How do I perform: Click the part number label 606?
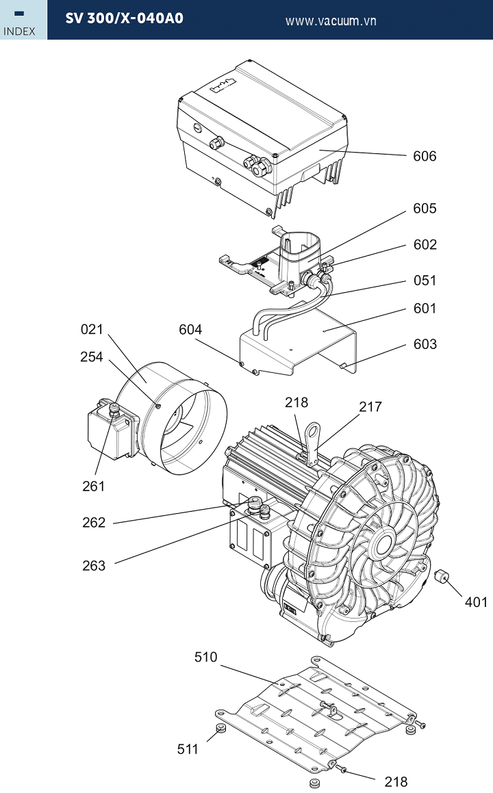point(424,156)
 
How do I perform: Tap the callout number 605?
point(424,209)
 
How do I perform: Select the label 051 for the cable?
point(425,280)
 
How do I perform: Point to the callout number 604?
point(190,329)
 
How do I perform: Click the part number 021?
point(92,329)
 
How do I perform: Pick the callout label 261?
point(94,486)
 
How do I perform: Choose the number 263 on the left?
point(94,565)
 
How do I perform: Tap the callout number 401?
point(477,602)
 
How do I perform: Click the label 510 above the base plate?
point(205,657)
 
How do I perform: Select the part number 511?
point(188,749)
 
